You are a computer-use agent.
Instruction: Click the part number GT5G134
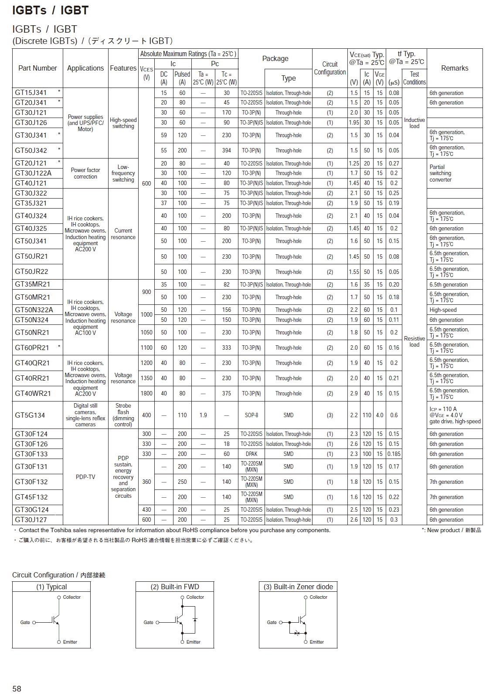pyautogui.click(x=30, y=415)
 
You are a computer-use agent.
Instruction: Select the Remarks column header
pyautogui.click(x=454, y=68)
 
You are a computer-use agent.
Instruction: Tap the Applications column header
pyautogui.click(x=85, y=68)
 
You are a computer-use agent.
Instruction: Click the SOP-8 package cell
pyautogui.click(x=251, y=415)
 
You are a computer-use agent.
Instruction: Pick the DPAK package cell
pyautogui.click(x=251, y=454)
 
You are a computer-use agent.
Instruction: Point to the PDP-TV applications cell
pyautogui.click(x=85, y=477)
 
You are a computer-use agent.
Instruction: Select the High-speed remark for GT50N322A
pyautogui.click(x=443, y=310)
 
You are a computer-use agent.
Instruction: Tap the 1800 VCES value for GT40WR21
pyautogui.click(x=146, y=393)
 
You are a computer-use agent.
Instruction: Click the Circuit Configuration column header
pyautogui.click(x=330, y=68)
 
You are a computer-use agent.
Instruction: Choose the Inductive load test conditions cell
pyautogui.click(x=414, y=123)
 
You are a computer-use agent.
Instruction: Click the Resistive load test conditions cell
pyautogui.click(x=414, y=341)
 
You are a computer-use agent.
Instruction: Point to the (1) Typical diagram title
pyautogui.click(x=51, y=587)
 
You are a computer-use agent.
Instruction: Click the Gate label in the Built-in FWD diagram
pyautogui.click(x=149, y=622)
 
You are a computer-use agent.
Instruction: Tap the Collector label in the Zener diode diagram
pyautogui.click(x=318, y=597)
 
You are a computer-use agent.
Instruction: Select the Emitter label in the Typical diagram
pyautogui.click(x=70, y=642)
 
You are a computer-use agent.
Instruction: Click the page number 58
pyautogui.click(x=17, y=688)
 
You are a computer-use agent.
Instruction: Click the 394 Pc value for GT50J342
pyautogui.click(x=227, y=150)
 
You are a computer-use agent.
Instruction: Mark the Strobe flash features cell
pyautogui.click(x=123, y=415)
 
